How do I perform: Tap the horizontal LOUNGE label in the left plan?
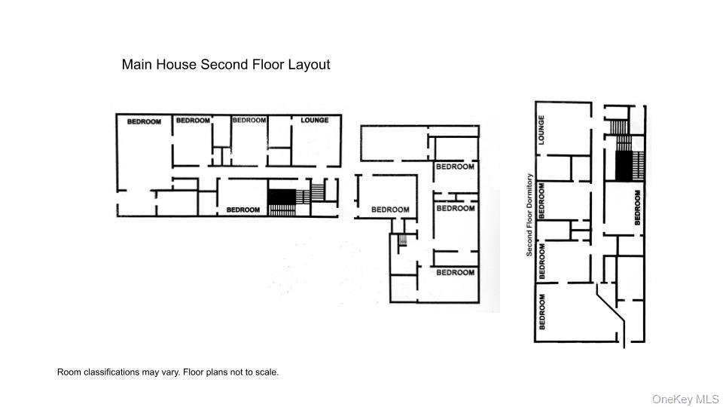314,121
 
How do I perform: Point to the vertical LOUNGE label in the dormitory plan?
541,130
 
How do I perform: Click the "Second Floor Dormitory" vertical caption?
529,215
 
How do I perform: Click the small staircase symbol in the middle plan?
402,240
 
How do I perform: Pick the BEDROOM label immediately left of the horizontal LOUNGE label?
249,121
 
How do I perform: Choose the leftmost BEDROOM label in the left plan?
143,121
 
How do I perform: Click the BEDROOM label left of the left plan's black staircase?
244,210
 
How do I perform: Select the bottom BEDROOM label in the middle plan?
455,272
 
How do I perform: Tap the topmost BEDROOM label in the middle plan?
455,167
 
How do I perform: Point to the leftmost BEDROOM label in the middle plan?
390,210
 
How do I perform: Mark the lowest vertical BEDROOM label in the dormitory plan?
542,311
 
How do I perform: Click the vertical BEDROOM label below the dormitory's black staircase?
637,207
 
